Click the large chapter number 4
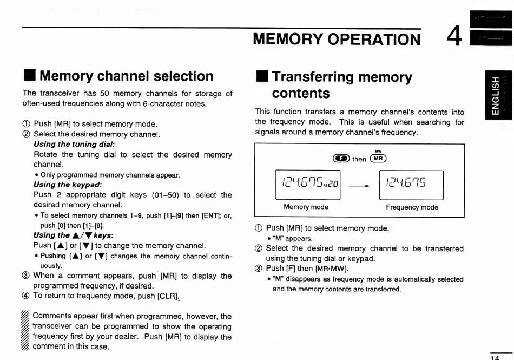[454, 37]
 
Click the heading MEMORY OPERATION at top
[336, 39]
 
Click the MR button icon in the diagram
[378, 159]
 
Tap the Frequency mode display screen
[411, 185]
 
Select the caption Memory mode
[306, 207]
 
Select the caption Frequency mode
[412, 207]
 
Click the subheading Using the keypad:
[68, 185]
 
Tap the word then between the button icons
[359, 159]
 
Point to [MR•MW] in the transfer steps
[332, 269]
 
